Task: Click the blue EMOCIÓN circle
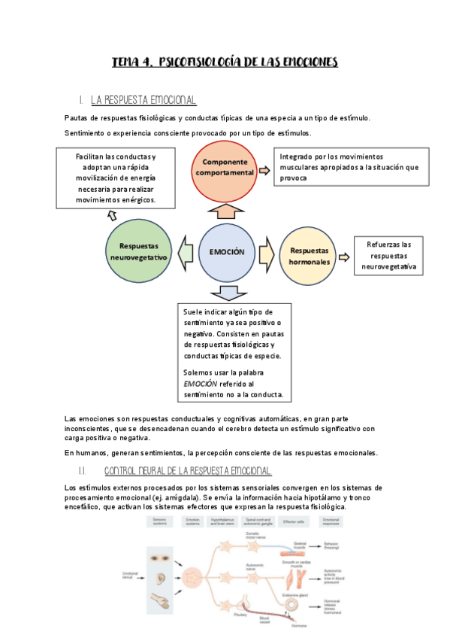point(227,254)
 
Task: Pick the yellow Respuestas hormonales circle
point(310,256)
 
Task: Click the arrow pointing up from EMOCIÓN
point(226,211)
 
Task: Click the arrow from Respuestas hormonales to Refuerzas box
point(344,256)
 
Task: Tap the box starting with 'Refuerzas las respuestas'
point(389,256)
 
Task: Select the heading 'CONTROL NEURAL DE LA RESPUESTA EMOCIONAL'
point(187,471)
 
